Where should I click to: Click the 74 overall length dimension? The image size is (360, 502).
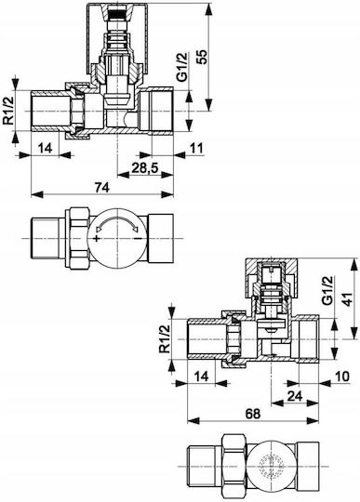click(x=102, y=187)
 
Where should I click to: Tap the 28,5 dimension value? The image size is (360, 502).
click(x=145, y=167)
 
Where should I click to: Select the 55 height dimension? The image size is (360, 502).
click(x=202, y=57)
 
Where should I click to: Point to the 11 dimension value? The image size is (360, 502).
click(x=196, y=148)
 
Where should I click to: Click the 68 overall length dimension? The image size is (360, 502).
click(x=253, y=414)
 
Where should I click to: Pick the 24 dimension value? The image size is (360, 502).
click(x=295, y=396)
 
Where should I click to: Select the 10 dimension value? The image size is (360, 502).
click(x=341, y=376)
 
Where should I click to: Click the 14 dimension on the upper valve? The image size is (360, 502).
click(x=45, y=148)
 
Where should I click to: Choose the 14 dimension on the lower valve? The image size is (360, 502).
click(x=202, y=376)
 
